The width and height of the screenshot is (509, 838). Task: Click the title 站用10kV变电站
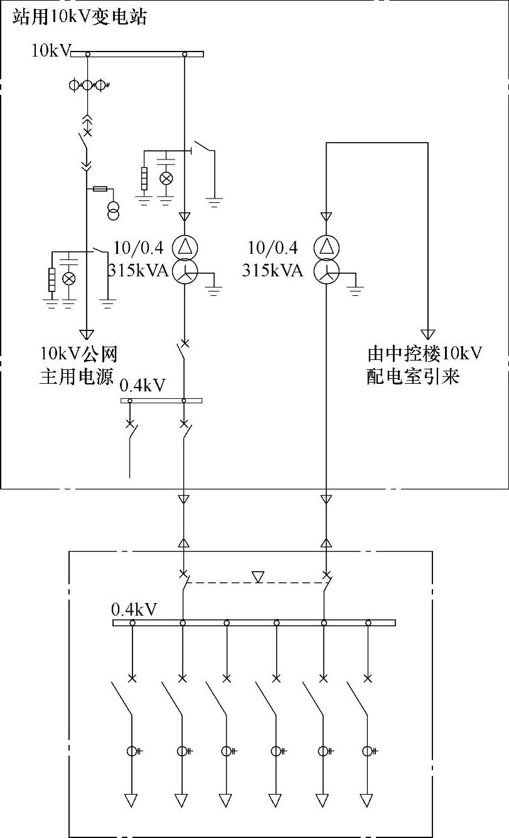click(79, 17)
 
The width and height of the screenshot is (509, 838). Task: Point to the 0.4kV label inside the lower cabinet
click(134, 609)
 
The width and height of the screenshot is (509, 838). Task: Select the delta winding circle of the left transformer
click(185, 246)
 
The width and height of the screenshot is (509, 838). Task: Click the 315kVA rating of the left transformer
click(135, 271)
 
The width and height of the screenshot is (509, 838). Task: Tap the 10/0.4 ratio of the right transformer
click(272, 248)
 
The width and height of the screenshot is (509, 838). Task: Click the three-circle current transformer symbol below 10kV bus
click(88, 84)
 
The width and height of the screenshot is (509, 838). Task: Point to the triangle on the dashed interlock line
click(258, 576)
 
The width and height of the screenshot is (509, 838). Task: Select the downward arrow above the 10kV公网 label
click(87, 334)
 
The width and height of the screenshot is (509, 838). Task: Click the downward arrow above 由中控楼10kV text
click(428, 334)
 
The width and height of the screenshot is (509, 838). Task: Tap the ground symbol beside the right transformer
click(356, 290)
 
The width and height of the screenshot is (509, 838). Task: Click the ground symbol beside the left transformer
click(215, 290)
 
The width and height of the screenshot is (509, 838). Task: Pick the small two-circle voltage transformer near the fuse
click(114, 212)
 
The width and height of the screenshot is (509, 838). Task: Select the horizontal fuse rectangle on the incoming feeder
click(100, 188)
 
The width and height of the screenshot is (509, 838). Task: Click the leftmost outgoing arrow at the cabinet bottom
click(132, 800)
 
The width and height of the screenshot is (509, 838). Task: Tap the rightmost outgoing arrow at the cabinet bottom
click(368, 800)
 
